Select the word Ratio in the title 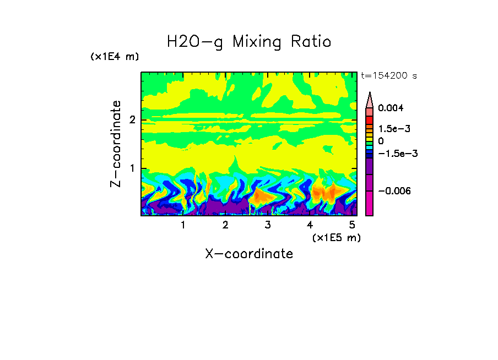[312, 42]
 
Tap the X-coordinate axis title [249, 254]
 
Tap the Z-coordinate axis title [116, 144]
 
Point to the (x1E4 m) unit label [115, 57]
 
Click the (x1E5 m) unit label [336, 237]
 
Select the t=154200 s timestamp [388, 76]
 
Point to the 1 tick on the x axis [183, 225]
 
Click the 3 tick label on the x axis [268, 225]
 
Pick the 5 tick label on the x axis [352, 225]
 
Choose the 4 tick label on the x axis [310, 225]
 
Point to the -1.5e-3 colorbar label [393, 154]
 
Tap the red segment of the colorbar [370, 119]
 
